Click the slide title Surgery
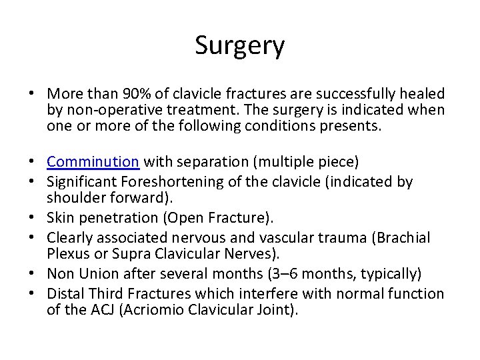(240, 46)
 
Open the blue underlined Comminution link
(93, 162)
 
